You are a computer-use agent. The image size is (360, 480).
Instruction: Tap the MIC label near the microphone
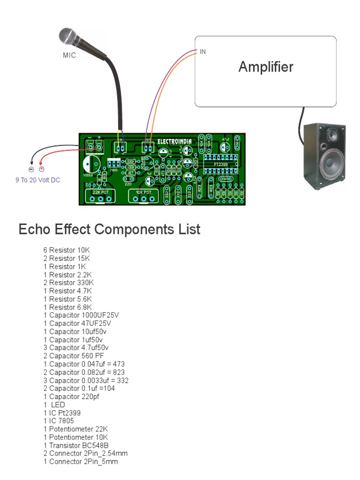69,55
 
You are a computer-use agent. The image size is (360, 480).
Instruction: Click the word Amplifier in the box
266,67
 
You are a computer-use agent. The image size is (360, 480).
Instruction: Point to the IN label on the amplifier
203,52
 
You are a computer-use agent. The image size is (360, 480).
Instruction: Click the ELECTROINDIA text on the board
174,141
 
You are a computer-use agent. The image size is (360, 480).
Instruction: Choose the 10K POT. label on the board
144,193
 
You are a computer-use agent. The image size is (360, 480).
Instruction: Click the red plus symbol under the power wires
41,169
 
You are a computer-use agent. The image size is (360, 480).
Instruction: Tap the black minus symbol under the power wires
31,169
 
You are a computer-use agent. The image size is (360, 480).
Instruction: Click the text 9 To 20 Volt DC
38,180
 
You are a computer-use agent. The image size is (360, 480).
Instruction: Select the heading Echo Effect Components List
109,230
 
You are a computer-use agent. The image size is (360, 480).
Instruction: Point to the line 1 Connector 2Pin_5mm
81,462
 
